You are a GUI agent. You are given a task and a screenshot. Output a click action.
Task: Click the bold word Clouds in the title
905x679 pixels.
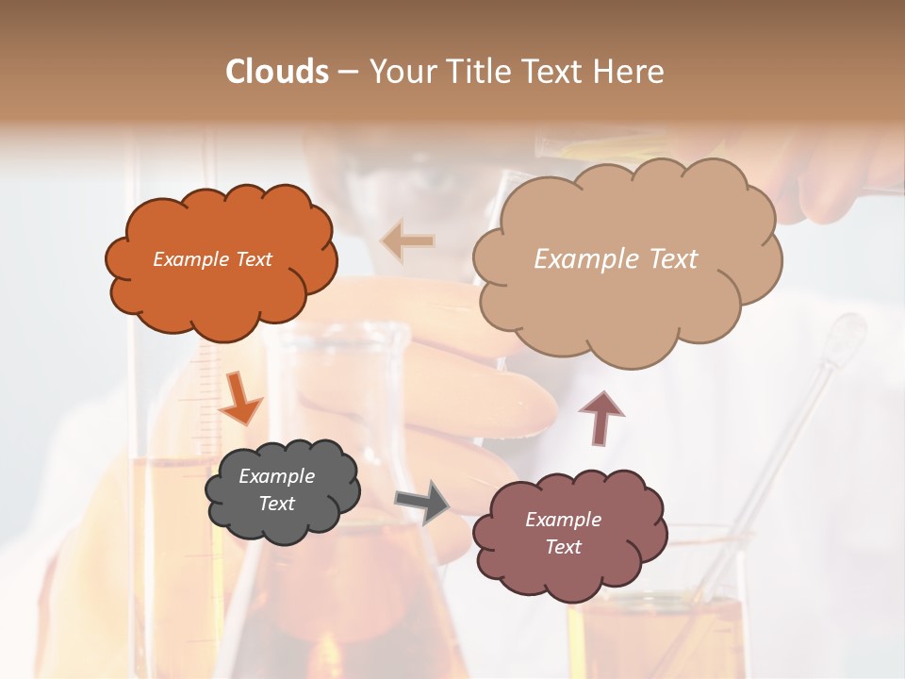click(277, 72)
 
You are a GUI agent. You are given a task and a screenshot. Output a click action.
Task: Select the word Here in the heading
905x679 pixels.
click(633, 72)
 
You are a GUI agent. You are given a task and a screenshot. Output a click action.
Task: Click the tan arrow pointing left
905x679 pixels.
click(407, 240)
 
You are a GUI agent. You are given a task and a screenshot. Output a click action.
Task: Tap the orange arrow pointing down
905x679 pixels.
click(240, 398)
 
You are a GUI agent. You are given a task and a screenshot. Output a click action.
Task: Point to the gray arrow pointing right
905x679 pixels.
click(423, 502)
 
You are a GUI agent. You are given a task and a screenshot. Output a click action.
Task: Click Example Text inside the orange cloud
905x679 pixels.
click(212, 259)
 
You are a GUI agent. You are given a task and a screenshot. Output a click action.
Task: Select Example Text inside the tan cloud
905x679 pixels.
click(616, 259)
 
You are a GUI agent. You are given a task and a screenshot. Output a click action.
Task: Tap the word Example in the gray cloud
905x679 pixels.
click(276, 476)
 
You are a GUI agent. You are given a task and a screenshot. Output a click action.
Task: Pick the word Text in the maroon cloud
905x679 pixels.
click(563, 547)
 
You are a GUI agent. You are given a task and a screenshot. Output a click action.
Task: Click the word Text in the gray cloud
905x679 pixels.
click(276, 504)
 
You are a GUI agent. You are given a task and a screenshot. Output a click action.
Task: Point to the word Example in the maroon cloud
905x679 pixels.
click(563, 520)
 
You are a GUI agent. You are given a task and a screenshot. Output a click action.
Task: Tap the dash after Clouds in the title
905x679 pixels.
click(348, 72)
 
